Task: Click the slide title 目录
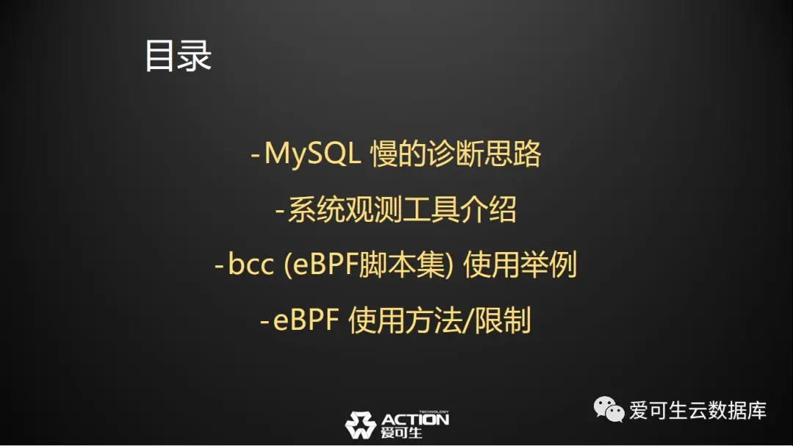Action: click(x=178, y=56)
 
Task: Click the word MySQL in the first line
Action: click(x=313, y=154)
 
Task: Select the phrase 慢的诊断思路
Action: click(x=456, y=154)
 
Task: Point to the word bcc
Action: click(x=251, y=265)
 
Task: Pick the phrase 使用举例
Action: click(x=520, y=265)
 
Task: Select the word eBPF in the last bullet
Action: click(x=305, y=320)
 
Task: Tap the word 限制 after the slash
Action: click(x=503, y=320)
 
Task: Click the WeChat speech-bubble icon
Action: click(x=609, y=409)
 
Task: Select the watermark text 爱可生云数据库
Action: click(x=698, y=410)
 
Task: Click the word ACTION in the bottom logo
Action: click(x=415, y=420)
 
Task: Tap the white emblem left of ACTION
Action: click(x=361, y=425)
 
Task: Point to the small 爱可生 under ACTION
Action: click(x=402, y=433)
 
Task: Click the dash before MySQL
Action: click(x=256, y=154)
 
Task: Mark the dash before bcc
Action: click(x=219, y=265)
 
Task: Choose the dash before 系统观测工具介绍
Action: click(x=280, y=209)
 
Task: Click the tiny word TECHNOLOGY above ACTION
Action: click(x=434, y=411)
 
